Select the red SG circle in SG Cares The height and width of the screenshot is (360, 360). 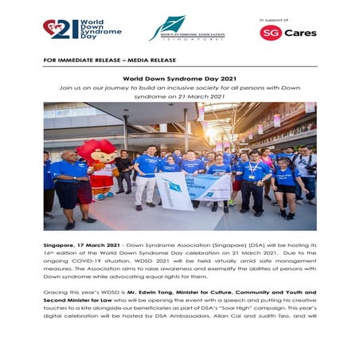point(270,33)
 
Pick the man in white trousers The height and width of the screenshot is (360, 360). point(147,176)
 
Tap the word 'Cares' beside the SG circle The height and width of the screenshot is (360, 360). point(300,33)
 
